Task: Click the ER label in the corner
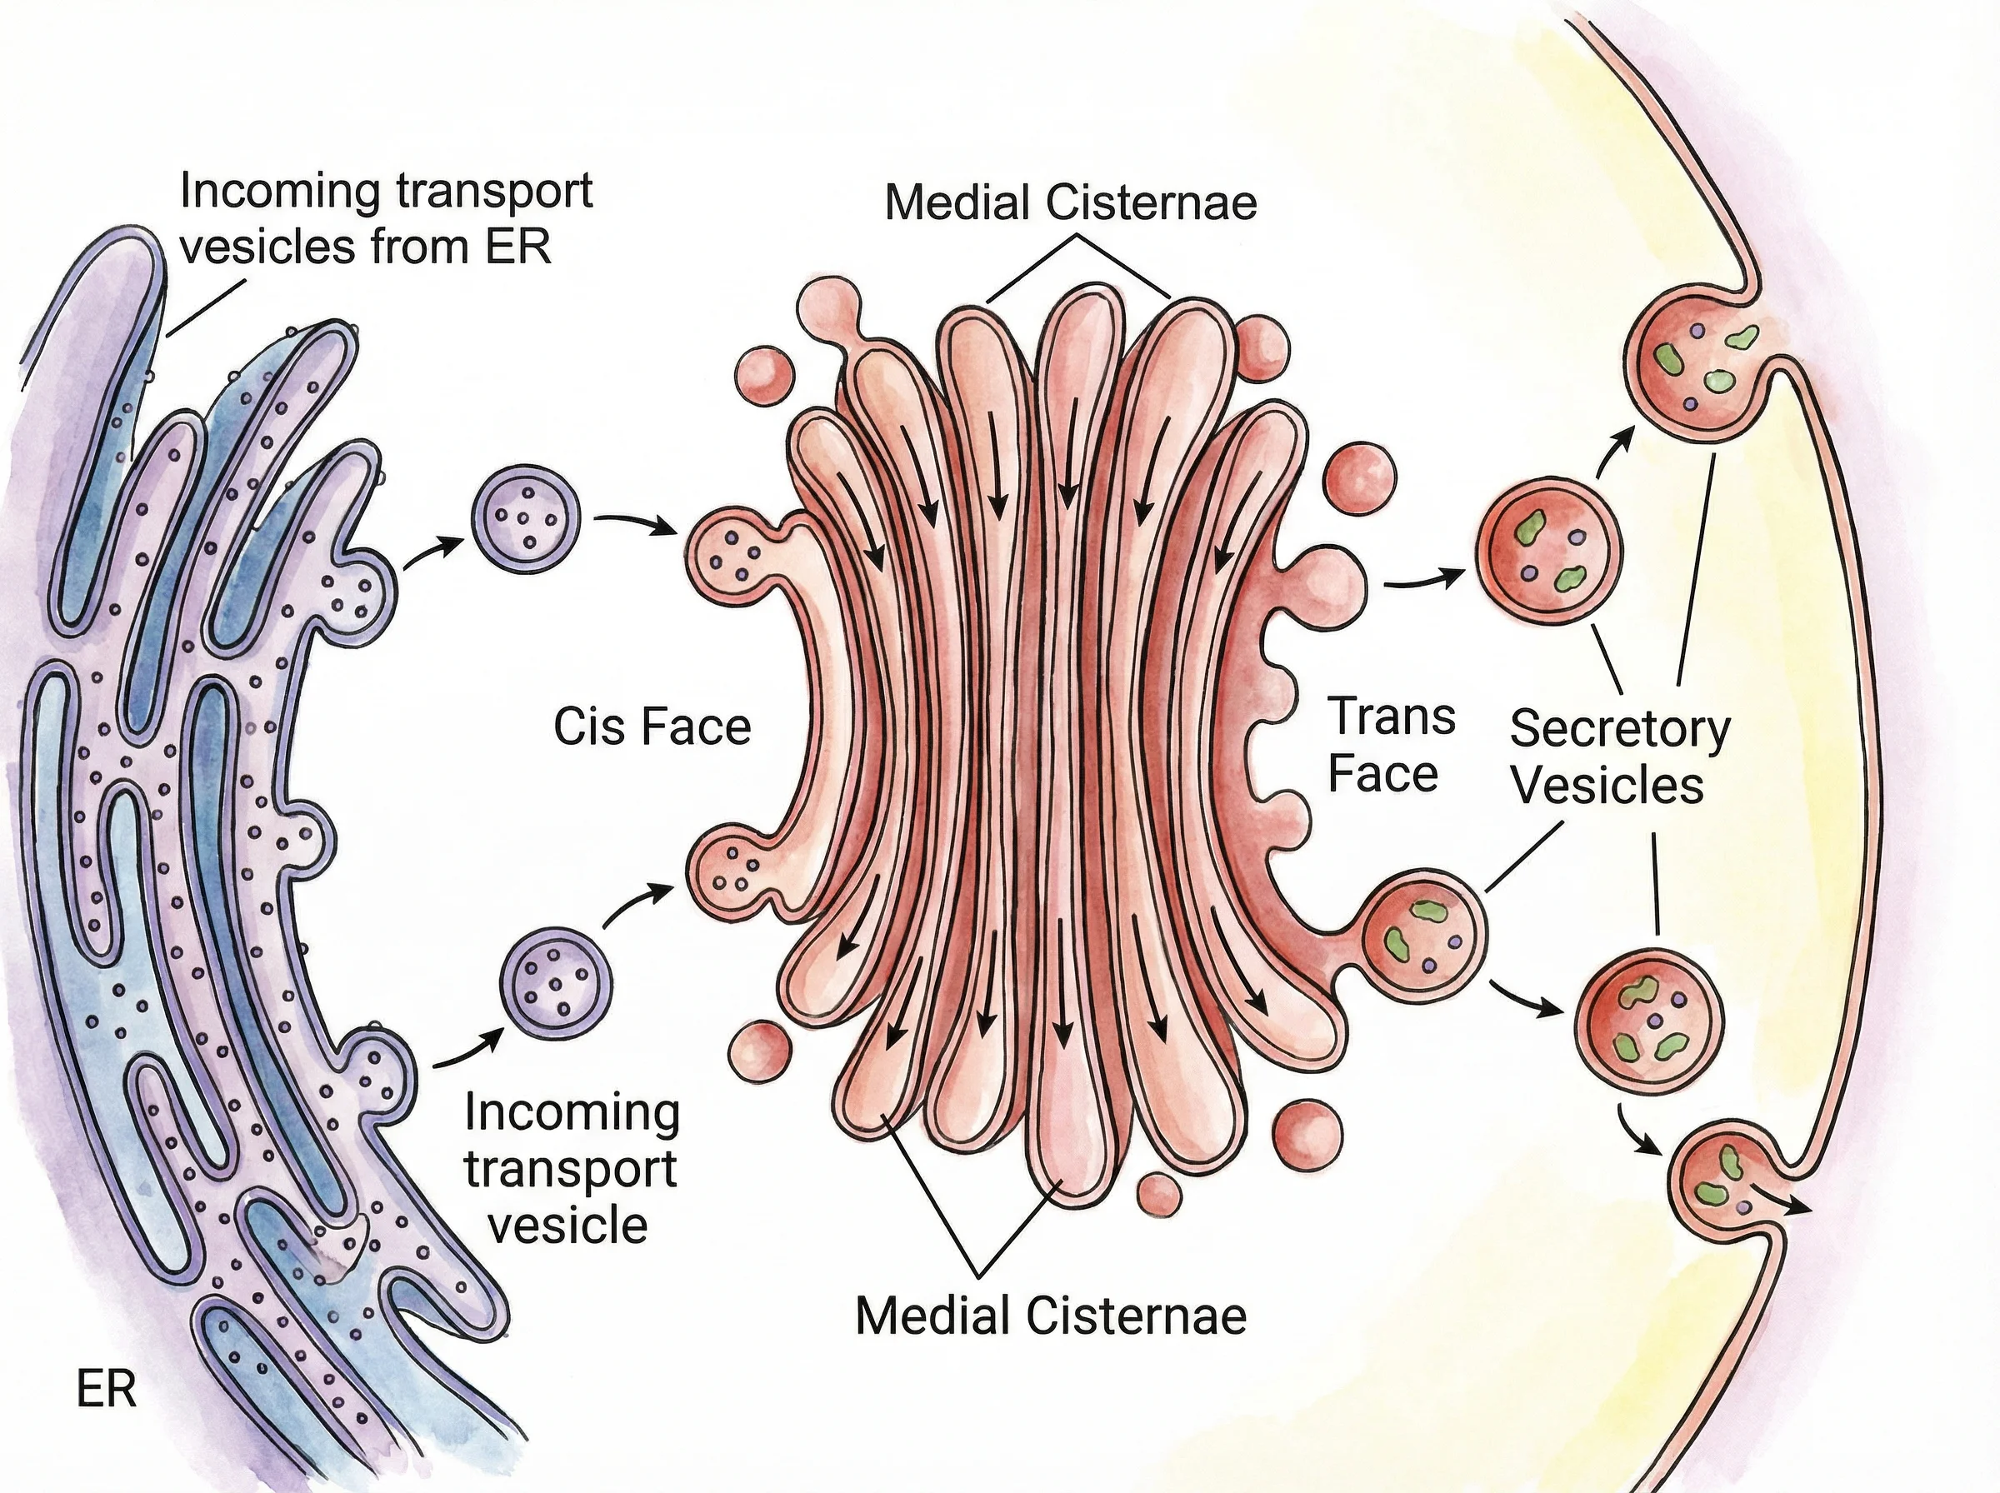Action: click(107, 1389)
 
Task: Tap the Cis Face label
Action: click(652, 727)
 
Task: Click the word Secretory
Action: click(1619, 728)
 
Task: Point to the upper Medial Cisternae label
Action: click(1070, 202)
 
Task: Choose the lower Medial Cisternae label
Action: click(1050, 1315)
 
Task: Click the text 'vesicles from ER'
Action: click(366, 246)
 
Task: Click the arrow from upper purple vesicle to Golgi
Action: click(635, 523)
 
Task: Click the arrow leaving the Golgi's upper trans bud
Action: click(1423, 580)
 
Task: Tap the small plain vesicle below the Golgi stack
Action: click(1158, 1195)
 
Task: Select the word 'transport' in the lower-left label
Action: click(570, 1169)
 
